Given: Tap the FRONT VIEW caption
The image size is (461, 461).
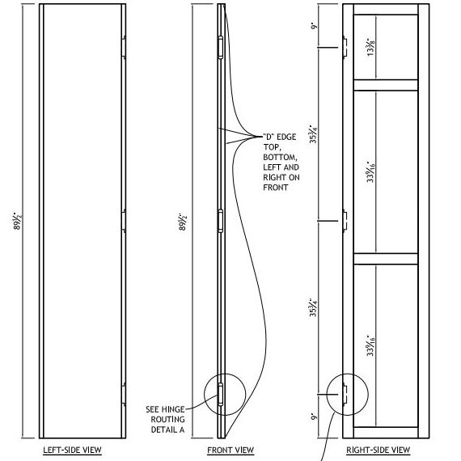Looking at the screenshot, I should click(x=230, y=450).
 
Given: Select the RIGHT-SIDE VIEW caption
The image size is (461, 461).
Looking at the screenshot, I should click(x=379, y=450).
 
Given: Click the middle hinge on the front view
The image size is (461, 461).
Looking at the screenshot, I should click(x=220, y=220).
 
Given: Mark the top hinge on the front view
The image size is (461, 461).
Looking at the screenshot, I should click(x=220, y=47).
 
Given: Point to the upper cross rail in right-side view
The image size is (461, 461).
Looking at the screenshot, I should click(x=384, y=85).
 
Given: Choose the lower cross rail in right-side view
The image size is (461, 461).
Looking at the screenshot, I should click(x=384, y=259).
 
